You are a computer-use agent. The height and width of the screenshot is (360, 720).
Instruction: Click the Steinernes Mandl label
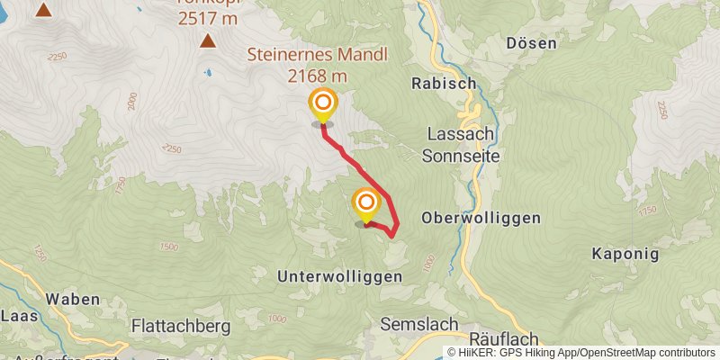(x=318, y=55)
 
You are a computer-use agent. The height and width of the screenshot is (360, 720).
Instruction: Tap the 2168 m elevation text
(x=318, y=76)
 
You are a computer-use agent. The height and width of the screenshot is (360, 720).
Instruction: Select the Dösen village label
(x=531, y=42)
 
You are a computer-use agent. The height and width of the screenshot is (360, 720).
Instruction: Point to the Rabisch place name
(x=443, y=83)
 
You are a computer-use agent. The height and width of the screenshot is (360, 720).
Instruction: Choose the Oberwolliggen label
(x=481, y=218)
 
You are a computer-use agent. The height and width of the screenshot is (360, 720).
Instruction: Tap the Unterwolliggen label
(x=339, y=277)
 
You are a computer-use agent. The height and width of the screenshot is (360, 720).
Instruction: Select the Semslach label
(x=419, y=324)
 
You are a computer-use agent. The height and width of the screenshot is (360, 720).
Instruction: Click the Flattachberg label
(x=181, y=325)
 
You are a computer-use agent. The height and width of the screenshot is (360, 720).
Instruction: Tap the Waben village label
(x=72, y=299)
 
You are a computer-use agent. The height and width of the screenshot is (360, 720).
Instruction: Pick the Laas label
(x=18, y=316)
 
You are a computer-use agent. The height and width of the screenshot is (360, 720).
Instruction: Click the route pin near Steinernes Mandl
(x=322, y=106)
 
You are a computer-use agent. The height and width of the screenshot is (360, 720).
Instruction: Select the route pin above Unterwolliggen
(x=365, y=204)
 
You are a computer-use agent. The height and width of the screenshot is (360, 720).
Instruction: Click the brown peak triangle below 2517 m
(x=208, y=40)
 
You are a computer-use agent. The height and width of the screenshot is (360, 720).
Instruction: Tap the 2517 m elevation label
(x=208, y=18)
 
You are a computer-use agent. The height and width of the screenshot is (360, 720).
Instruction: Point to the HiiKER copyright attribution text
(x=580, y=352)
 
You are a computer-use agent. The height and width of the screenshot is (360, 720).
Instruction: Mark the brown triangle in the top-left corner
(x=43, y=9)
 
